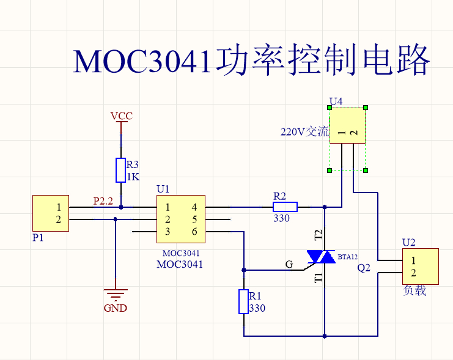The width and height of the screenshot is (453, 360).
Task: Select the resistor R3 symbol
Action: pyautogui.click(x=121, y=170)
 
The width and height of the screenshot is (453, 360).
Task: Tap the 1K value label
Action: pyautogui.click(x=133, y=177)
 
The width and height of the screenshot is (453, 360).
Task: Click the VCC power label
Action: pyautogui.click(x=121, y=116)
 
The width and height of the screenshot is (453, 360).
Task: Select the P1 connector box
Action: pyautogui.click(x=51, y=214)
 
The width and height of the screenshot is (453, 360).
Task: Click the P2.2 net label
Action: pyautogui.click(x=103, y=200)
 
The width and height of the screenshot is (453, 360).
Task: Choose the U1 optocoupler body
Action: pyautogui.click(x=180, y=219)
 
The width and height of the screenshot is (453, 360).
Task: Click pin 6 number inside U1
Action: pyautogui.click(x=194, y=232)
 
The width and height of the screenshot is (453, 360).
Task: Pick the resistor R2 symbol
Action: pyautogui.click(x=285, y=207)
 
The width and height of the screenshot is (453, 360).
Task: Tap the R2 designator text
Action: pyautogui.click(x=279, y=196)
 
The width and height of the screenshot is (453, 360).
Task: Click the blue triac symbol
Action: pyautogui.click(x=320, y=257)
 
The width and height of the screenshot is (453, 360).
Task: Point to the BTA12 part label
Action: pyautogui.click(x=348, y=257)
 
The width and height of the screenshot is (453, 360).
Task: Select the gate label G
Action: pyautogui.click(x=289, y=264)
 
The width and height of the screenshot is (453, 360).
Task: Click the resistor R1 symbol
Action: pyautogui.click(x=243, y=302)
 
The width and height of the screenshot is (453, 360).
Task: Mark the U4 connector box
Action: pyautogui.click(x=347, y=126)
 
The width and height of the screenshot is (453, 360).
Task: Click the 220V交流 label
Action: pyautogui.click(x=304, y=131)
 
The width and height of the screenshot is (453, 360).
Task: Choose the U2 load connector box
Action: pyautogui.click(x=421, y=266)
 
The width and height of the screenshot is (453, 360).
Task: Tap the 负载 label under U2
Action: pyautogui.click(x=415, y=291)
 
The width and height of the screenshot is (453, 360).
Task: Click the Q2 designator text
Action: pyautogui.click(x=364, y=268)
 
